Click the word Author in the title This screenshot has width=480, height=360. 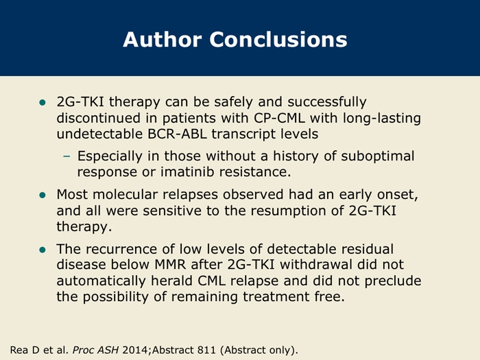click(x=163, y=40)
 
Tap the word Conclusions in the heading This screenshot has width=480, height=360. click(x=278, y=40)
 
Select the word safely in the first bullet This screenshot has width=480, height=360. click(x=234, y=102)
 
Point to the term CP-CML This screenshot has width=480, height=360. click(x=280, y=118)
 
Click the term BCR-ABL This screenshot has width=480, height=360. click(x=177, y=134)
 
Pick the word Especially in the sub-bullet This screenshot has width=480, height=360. click(x=110, y=156)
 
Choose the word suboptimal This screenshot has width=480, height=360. click(x=378, y=156)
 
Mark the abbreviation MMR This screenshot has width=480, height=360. click(x=170, y=265)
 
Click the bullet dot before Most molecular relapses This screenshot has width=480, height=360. click(x=43, y=195)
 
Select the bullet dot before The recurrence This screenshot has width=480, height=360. click(x=43, y=250)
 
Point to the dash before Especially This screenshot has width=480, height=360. click(x=67, y=157)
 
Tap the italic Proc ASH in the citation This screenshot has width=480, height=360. click(x=95, y=350)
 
